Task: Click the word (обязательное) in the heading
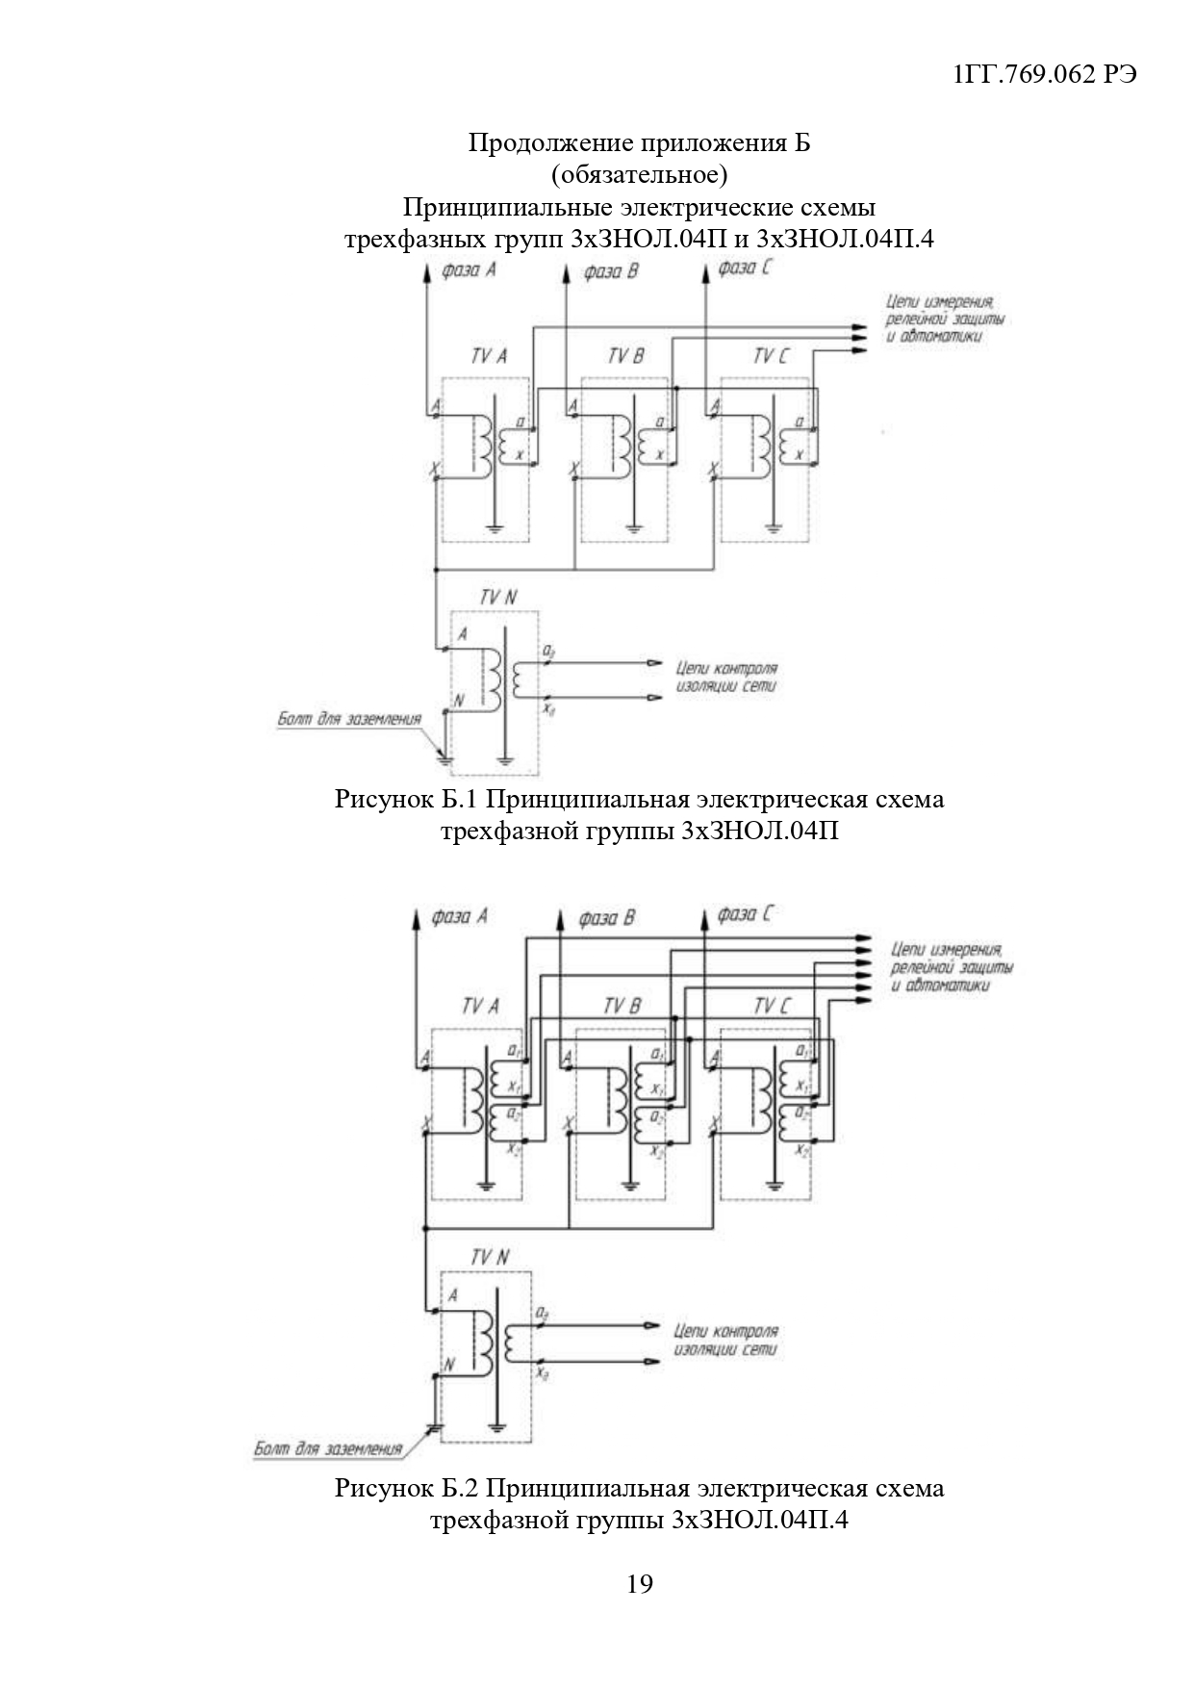[x=639, y=175]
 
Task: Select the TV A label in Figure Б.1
[x=489, y=357]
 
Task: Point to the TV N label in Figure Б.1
[x=498, y=598]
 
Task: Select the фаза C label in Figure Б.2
[x=744, y=915]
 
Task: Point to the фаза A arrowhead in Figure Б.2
[x=416, y=917]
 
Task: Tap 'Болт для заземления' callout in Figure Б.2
[x=327, y=1447]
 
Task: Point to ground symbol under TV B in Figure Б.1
[x=633, y=527]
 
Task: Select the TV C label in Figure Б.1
[x=770, y=357]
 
